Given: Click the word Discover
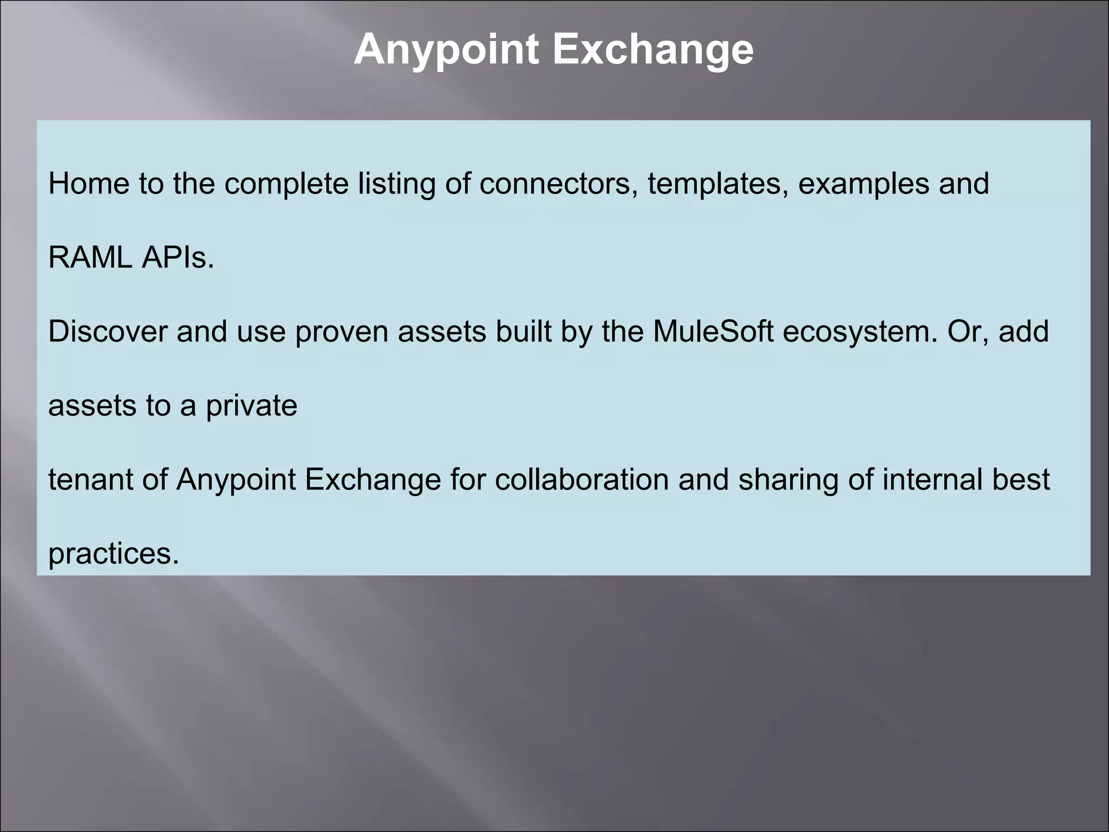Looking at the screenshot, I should click(107, 331).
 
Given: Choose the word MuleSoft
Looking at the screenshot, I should click(713, 331).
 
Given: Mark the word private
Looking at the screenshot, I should click(251, 406).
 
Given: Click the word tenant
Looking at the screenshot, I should click(90, 479).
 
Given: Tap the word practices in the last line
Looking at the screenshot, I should click(113, 554).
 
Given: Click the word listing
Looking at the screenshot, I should click(397, 184).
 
